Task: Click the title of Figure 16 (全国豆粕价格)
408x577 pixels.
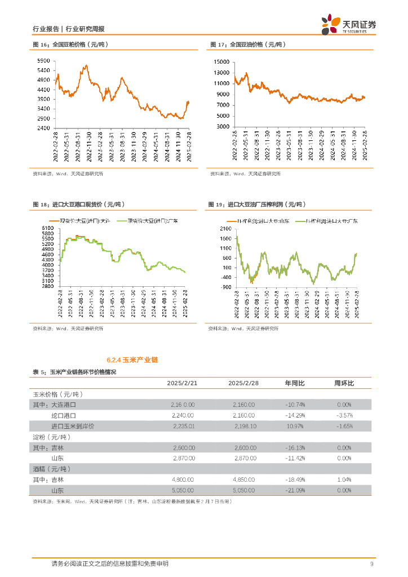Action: pyautogui.click(x=70, y=45)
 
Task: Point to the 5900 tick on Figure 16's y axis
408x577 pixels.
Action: pyautogui.click(x=43, y=61)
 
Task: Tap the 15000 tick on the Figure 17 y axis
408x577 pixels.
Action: pyautogui.click(x=221, y=61)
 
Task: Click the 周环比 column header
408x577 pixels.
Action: pyautogui.click(x=344, y=383)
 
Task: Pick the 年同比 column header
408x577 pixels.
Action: pyautogui.click(x=294, y=383)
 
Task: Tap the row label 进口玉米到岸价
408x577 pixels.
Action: pyautogui.click(x=73, y=426)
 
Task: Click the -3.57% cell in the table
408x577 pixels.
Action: pyautogui.click(x=344, y=415)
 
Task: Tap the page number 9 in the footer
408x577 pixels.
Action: pyautogui.click(x=372, y=564)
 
